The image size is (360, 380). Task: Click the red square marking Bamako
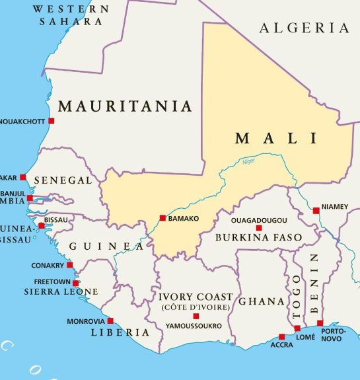[162, 218]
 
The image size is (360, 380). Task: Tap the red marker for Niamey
[316, 211]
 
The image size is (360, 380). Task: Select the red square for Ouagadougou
[259, 228]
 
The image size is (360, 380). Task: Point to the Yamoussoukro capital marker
[196, 317]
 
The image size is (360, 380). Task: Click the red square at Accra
[281, 336]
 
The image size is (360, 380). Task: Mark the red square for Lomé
[297, 328]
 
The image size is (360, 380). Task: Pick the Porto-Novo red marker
[320, 323]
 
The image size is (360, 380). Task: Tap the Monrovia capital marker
[110, 321]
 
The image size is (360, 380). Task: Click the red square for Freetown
[75, 283]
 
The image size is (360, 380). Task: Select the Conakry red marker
[70, 266]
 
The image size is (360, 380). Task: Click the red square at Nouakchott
[52, 121]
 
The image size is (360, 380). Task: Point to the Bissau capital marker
[41, 225]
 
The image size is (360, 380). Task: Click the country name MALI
[276, 139]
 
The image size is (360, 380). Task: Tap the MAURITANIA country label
[125, 106]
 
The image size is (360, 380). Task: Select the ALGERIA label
[304, 28]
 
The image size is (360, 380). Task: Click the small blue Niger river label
[248, 161]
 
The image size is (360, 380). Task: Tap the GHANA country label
[261, 301]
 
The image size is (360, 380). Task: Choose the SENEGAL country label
[63, 180]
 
